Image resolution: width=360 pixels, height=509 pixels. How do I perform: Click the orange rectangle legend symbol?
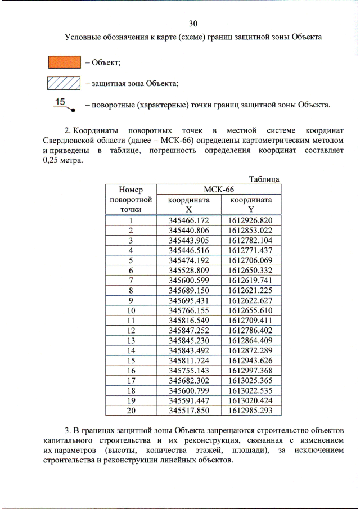[x=64, y=61]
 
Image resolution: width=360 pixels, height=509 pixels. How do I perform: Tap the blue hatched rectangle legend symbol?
[x=64, y=84]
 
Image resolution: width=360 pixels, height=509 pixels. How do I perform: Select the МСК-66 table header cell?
[x=219, y=189]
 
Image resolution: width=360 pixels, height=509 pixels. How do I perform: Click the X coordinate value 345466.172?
[x=188, y=220]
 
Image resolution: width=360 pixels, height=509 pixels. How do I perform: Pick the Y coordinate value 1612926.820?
[x=250, y=220]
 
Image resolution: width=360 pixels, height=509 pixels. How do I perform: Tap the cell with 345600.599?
[x=188, y=280]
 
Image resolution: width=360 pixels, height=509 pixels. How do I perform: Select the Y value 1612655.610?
[x=250, y=310]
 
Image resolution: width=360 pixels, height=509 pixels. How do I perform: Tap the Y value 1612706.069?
[x=250, y=260]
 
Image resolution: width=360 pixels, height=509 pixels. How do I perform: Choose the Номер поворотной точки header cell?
[x=130, y=199]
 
